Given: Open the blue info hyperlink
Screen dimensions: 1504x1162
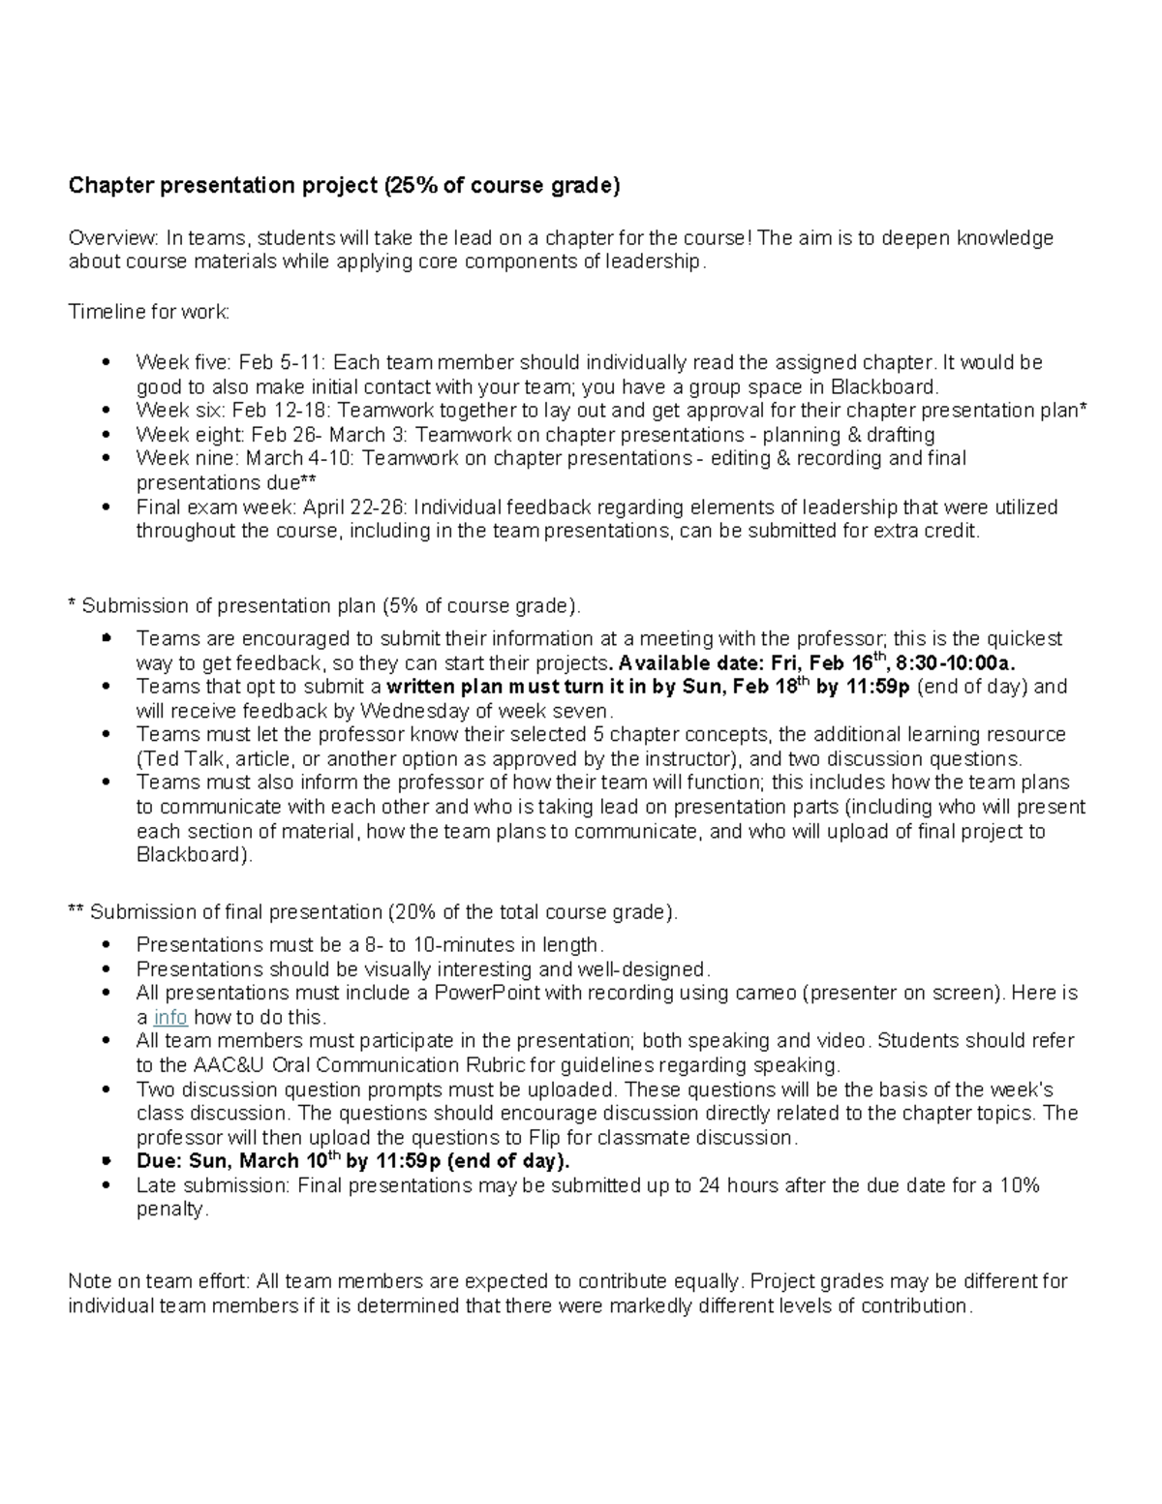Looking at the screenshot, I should click(170, 1017).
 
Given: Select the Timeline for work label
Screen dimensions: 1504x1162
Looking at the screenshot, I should click(149, 312).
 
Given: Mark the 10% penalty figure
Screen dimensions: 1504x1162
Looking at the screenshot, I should click(1020, 1185).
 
